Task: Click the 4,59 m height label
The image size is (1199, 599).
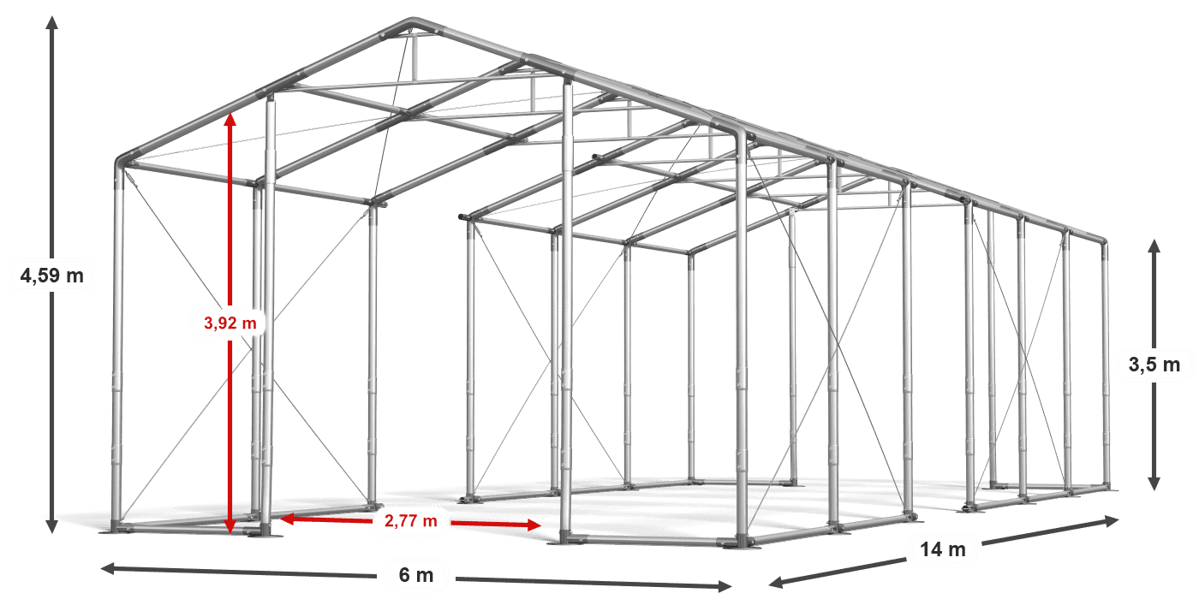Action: (51, 276)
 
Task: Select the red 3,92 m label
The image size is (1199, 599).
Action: (230, 323)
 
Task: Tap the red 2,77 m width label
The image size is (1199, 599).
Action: (411, 519)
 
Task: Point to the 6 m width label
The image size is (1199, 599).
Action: (417, 574)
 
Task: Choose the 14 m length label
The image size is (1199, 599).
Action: (943, 549)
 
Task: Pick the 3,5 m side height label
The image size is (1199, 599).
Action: (1154, 365)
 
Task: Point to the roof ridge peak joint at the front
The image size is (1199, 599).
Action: (413, 22)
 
